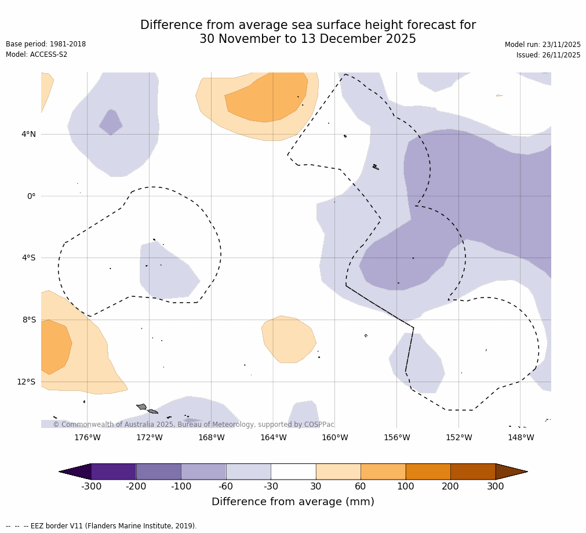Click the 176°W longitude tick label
pos(87,438)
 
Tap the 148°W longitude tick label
pos(521,438)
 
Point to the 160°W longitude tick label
pos(334,438)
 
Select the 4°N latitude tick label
pos(28,135)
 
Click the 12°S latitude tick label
pos(26,382)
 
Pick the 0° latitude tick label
pos(31,196)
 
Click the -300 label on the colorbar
pos(91,487)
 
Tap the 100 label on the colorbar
pos(406,487)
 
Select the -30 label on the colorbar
pos(271,487)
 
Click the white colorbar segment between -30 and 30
pos(293,472)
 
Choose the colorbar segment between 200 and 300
pos(473,472)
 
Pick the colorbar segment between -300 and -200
pos(114,472)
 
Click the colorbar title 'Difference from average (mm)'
pos(293,502)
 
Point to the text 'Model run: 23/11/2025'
pos(543,45)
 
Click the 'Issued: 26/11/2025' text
pos(548,55)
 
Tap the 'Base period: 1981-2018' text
pos(46,44)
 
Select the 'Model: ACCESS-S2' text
pos(37,55)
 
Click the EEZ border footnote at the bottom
pos(101,526)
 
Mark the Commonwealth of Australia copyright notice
pos(194,425)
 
